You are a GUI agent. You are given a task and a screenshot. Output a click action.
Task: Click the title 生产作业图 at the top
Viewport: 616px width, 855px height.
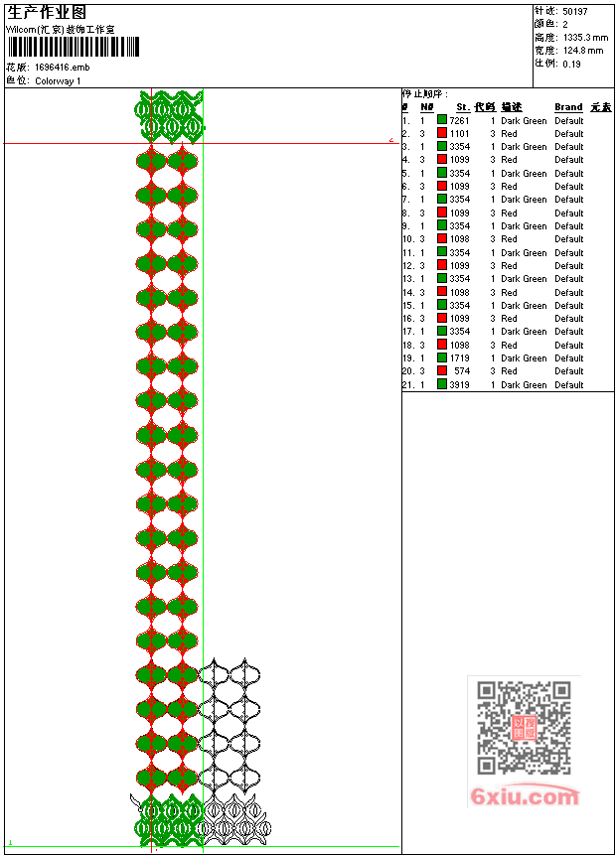click(x=47, y=13)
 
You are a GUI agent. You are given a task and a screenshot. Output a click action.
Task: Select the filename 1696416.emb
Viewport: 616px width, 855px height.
click(x=62, y=68)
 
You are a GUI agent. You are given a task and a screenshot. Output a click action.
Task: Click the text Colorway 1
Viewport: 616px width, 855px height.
click(x=58, y=81)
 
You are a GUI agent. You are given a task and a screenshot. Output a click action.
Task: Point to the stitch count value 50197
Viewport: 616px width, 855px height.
click(x=575, y=11)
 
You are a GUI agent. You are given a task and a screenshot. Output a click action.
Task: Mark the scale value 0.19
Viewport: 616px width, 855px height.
click(x=571, y=64)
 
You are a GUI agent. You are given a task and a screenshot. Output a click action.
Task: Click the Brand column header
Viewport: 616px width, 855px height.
click(x=568, y=107)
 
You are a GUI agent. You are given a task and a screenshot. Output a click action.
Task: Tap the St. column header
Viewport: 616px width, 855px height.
click(x=463, y=107)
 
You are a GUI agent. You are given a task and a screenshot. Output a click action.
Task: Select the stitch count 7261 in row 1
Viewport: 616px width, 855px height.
click(x=459, y=120)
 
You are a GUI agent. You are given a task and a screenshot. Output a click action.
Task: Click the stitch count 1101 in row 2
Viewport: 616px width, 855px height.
click(x=459, y=133)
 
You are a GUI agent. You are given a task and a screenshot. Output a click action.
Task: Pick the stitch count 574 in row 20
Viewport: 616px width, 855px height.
click(x=462, y=371)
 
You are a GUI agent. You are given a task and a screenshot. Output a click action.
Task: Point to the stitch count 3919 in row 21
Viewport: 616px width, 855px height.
click(x=459, y=384)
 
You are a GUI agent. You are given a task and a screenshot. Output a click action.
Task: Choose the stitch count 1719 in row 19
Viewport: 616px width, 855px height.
click(x=459, y=358)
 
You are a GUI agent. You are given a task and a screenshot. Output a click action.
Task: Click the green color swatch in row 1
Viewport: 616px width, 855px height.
click(x=442, y=120)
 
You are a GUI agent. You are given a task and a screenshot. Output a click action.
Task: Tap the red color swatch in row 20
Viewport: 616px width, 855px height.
click(x=442, y=371)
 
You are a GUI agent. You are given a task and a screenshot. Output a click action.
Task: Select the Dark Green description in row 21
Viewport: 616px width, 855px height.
click(x=524, y=384)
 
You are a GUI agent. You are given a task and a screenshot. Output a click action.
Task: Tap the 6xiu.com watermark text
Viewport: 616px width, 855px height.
click(x=524, y=796)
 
